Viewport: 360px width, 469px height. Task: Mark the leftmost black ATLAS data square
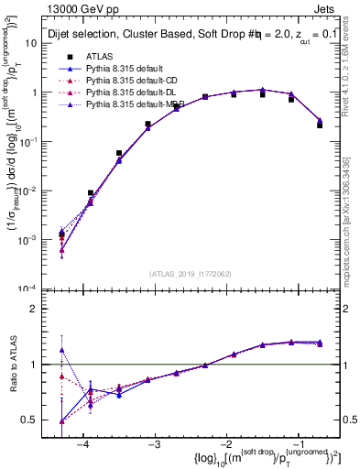click(61, 234)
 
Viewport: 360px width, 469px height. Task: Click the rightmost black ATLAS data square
click(320, 125)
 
